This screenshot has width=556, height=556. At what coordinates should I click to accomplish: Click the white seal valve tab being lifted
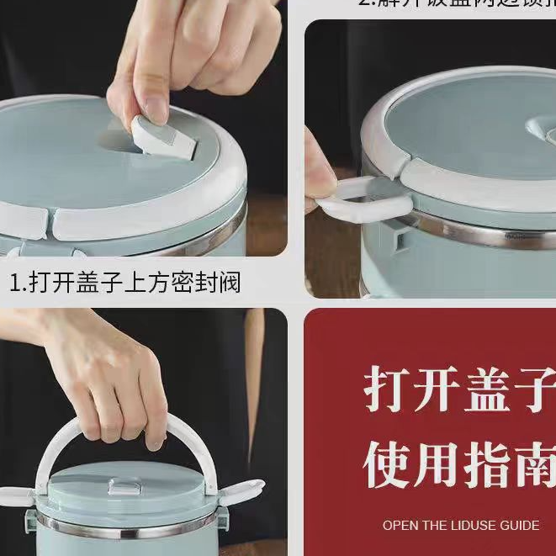coord(165,139)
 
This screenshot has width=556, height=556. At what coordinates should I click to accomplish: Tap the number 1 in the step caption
coord(15,282)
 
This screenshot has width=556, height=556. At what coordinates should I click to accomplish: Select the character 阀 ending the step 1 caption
coord(229,282)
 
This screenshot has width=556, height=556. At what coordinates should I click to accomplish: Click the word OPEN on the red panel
coord(400,525)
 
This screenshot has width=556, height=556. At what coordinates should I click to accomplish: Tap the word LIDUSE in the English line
coord(467,525)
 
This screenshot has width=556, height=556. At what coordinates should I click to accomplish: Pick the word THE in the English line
coord(433,525)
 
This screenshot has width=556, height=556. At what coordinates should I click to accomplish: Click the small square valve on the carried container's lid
coord(124,486)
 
